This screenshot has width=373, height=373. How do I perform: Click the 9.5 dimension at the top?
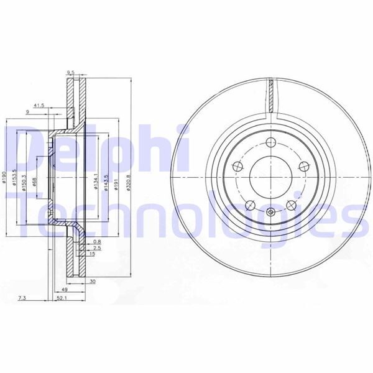coord(71,73)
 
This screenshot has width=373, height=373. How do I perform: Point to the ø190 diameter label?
coord(4,181)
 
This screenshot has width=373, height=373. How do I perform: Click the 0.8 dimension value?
coord(97,241)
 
